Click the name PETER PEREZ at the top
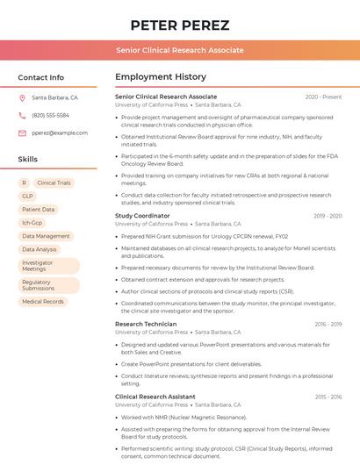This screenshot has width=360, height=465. click(180, 25)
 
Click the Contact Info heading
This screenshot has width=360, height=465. click(41, 77)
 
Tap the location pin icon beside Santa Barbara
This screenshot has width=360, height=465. click(23, 98)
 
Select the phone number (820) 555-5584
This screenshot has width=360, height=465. click(51, 115)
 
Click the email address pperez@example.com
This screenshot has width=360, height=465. click(60, 132)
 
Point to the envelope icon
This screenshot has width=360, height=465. click(23, 132)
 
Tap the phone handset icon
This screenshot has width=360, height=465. click(23, 115)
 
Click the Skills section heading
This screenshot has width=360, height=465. click(28, 159)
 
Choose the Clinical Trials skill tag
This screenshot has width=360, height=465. click(54, 183)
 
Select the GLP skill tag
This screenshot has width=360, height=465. click(27, 197)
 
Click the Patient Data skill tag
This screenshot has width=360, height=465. click(39, 210)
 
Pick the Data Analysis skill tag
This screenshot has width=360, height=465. click(40, 249)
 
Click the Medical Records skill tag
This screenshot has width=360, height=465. click(43, 302)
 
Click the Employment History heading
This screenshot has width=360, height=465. click(161, 77)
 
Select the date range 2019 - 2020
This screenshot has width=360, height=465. click(328, 216)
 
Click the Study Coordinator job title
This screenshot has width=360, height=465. click(142, 216)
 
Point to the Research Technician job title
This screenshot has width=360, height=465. click(146, 324)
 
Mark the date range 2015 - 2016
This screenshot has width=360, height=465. click(328, 397)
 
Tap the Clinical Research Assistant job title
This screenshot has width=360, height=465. click(155, 397)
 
